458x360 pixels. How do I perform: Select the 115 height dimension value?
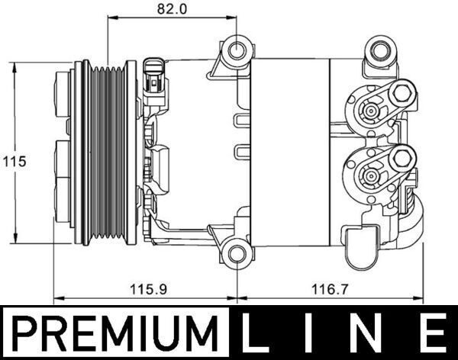point(14,161)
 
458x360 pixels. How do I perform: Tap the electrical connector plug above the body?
point(156,73)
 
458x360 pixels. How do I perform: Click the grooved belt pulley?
point(108,154)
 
